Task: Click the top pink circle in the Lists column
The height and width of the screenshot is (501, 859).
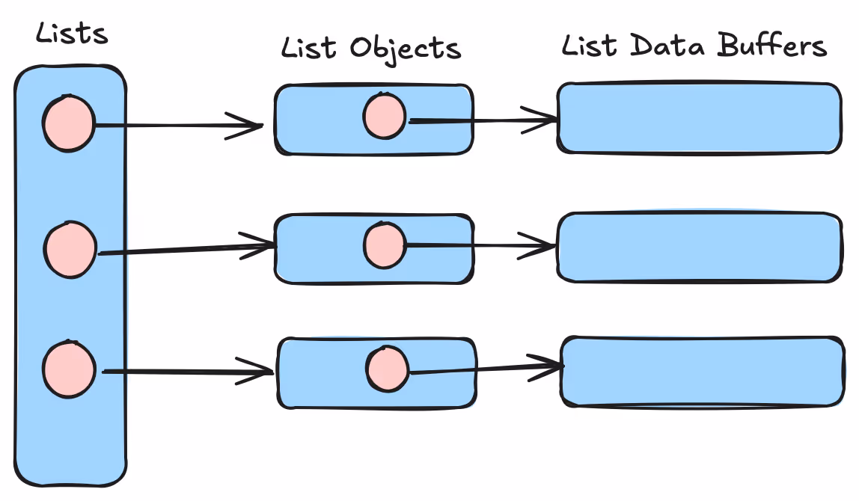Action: coord(68,123)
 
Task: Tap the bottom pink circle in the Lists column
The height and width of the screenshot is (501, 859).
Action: coord(69,369)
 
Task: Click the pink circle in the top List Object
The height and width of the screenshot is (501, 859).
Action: coord(385,117)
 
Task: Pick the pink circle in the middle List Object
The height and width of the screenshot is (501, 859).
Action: coord(385,245)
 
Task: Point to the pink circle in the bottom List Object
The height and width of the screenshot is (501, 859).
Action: coord(387,369)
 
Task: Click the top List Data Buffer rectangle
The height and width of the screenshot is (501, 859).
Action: coord(699,118)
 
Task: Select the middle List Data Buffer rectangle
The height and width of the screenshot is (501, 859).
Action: coord(699,247)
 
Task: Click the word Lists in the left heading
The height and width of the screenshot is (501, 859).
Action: coord(72,34)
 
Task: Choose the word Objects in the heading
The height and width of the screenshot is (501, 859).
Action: coord(405,49)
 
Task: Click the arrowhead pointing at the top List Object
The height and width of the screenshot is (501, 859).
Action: coord(251,126)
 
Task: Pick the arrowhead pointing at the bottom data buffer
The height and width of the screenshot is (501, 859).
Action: coord(550,366)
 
